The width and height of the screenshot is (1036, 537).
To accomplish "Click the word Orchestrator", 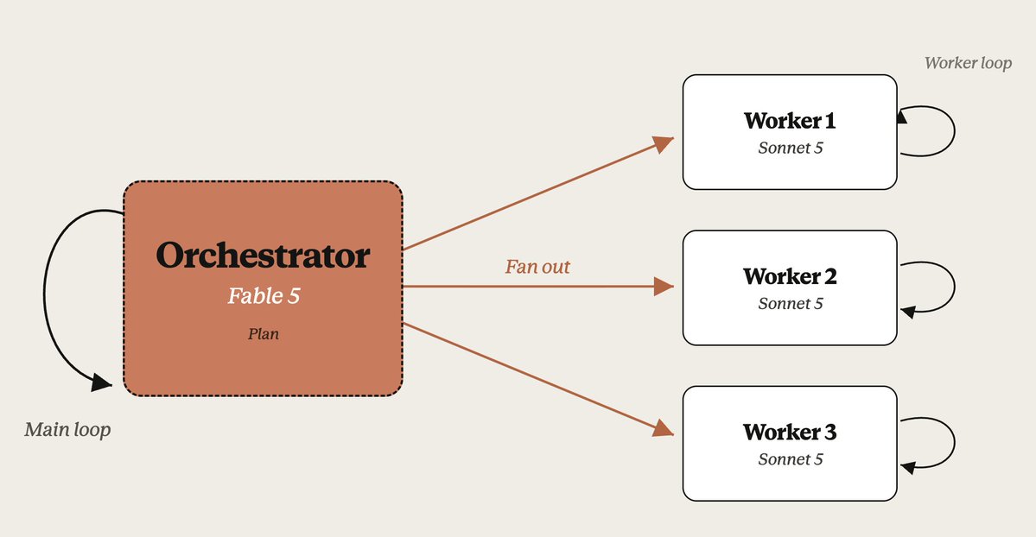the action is click(263, 256).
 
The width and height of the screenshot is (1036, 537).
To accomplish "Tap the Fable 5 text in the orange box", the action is click(264, 295).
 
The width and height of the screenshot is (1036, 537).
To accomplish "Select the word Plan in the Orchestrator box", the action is click(263, 334).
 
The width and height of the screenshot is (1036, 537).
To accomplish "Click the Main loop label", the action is click(67, 429).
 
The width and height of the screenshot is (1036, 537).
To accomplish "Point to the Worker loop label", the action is click(968, 63).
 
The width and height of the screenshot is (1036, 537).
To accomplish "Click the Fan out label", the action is click(537, 266).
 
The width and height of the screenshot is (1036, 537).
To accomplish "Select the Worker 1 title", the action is click(790, 121).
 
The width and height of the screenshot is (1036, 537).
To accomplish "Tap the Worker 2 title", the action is click(790, 276).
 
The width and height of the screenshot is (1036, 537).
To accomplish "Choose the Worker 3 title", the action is click(790, 432).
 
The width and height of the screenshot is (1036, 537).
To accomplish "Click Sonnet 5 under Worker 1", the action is click(791, 148).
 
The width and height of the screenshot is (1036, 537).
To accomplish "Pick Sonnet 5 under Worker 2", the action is click(791, 304).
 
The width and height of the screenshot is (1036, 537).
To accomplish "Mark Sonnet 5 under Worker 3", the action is click(791, 459).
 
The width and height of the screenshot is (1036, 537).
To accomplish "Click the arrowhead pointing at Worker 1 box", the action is click(664, 143).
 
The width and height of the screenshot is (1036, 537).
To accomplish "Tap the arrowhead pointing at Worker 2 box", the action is click(664, 287).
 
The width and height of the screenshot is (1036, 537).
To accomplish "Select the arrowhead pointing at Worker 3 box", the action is click(664, 429).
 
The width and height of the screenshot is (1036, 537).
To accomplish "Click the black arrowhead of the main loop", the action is click(102, 382).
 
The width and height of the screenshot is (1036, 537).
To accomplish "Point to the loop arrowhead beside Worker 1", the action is click(902, 117).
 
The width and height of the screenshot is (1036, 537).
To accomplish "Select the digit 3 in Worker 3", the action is click(829, 432).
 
